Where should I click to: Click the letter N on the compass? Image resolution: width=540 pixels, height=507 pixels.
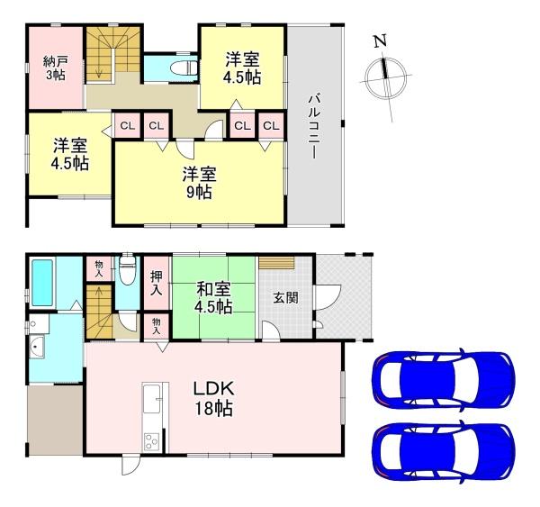pos(381,41)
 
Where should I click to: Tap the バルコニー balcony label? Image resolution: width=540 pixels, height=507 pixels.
pos(314,126)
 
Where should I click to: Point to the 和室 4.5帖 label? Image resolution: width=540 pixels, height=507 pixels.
pos(215,298)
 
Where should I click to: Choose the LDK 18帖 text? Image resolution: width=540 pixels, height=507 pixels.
pos(213,397)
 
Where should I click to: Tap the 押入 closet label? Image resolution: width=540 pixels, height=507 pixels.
pos(156,283)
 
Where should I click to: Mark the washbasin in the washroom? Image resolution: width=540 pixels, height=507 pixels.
pos(38,349)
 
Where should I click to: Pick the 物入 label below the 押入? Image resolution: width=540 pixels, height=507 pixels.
pos(157,324)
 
